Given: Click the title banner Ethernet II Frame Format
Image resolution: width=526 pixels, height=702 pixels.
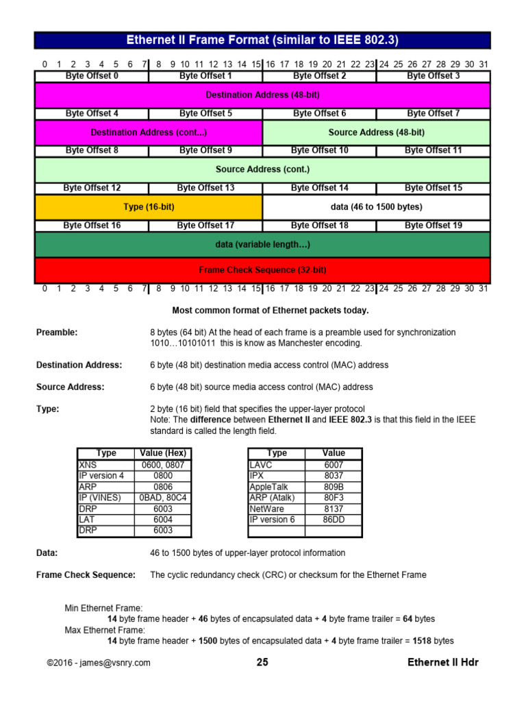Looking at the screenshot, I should pos(262,40).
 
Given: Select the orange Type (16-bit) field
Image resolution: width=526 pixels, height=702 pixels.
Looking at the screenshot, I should pos(149,206).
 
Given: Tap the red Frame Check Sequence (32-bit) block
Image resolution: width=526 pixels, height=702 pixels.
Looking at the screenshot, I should pos(262,270).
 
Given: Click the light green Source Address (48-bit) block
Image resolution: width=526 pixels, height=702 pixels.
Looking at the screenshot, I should pos(376,132).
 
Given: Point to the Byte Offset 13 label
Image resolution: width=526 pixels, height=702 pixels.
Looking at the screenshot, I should pos(205,188).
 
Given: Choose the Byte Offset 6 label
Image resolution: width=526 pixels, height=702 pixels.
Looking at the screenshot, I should pos(319,113).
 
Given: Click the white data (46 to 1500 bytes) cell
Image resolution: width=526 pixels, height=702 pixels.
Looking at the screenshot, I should pos(376,206).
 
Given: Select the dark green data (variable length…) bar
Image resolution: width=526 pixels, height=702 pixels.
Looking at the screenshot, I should pos(262,244).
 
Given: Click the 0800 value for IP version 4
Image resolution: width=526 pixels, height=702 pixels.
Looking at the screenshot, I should pos(162,475).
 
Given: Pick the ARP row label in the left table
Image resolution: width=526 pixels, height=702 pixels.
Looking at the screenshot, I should pos(88,486).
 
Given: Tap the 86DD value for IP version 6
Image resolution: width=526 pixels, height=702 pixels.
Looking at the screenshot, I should pos(334,520).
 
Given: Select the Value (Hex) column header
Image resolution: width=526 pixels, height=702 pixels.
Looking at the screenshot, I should pos(162,453).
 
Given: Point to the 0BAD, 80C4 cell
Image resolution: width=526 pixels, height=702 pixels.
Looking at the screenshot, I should pos(162,497).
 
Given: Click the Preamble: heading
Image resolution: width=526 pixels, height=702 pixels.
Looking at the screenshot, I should pos(57,332).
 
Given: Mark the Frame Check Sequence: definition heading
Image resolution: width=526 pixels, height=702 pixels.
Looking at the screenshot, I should pos(86,574).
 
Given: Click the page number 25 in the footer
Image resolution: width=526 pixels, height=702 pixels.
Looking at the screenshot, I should pos(262,662).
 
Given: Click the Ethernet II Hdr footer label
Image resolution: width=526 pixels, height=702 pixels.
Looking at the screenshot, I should pos(443,662).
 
